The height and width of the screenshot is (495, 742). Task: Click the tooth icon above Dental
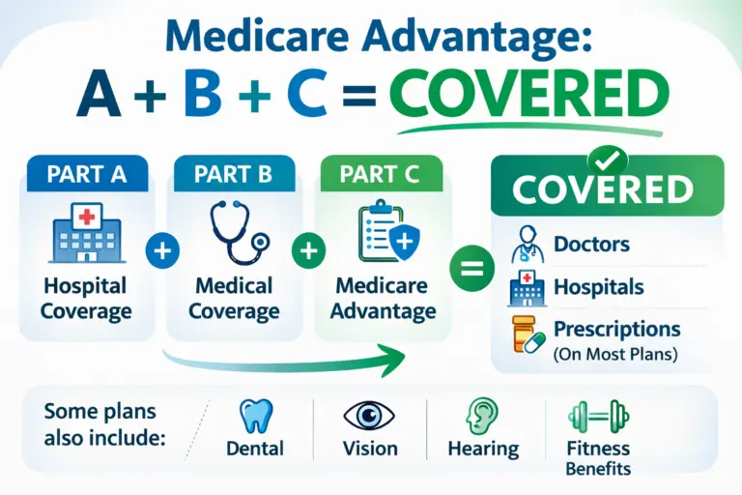tap(254, 415)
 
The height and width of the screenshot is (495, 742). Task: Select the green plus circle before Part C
tap(307, 251)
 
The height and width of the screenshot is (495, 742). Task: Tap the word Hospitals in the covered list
tap(598, 287)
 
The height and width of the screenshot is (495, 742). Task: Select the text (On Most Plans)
tap(615, 354)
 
